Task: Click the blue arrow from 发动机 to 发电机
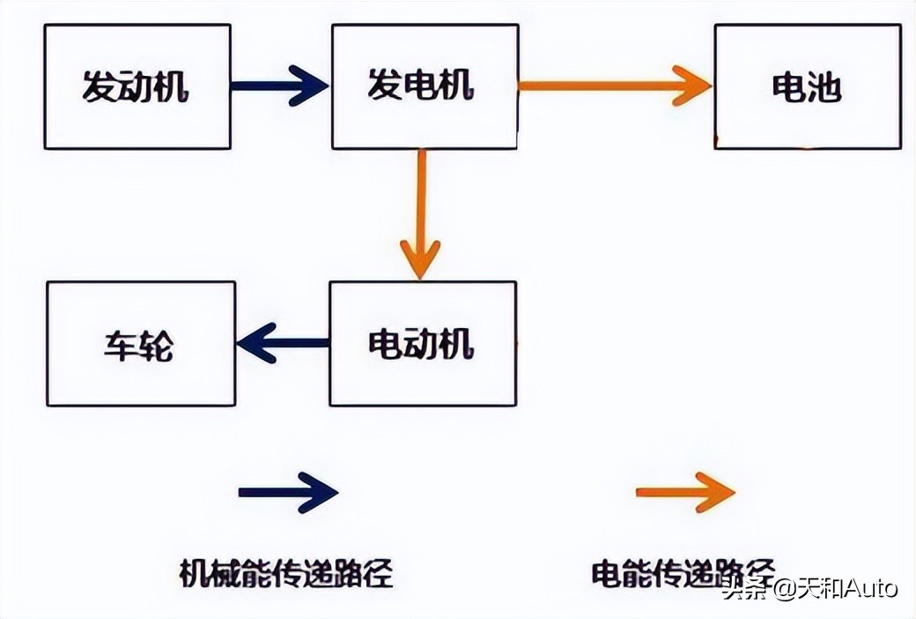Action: click(x=279, y=86)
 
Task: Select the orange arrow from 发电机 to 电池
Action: click(x=614, y=86)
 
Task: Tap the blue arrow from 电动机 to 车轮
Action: click(x=283, y=343)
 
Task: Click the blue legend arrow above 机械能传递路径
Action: click(x=288, y=492)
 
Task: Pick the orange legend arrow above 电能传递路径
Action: click(x=685, y=492)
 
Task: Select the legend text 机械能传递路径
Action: click(x=286, y=573)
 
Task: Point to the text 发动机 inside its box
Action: click(x=137, y=86)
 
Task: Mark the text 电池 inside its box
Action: click(x=807, y=87)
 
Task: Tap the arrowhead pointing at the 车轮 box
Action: click(x=255, y=343)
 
